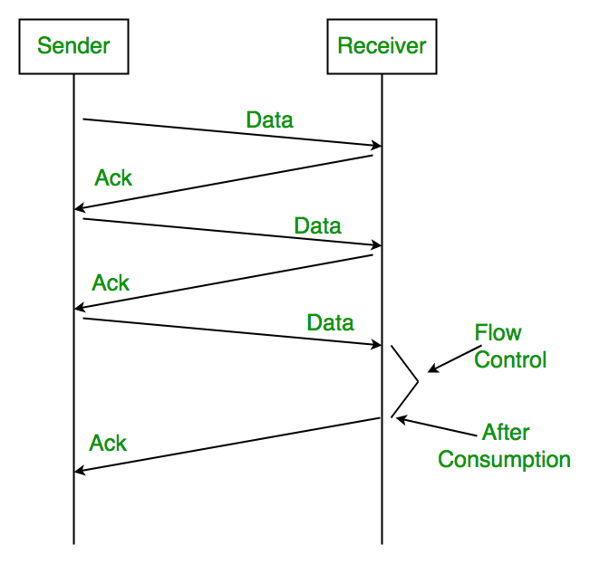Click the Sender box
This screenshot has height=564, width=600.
point(73,45)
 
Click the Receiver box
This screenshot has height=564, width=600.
point(382,45)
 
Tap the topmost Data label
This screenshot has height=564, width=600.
point(269,119)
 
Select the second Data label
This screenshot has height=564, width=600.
point(317,225)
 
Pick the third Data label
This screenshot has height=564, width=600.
point(330,322)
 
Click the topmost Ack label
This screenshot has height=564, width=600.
point(113,178)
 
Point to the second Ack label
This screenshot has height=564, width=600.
point(111,283)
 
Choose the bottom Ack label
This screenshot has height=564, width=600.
point(108,444)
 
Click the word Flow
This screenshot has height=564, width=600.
point(498,333)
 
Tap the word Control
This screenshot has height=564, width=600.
point(510,360)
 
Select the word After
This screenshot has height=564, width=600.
point(506,432)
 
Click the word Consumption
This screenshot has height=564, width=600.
point(504,459)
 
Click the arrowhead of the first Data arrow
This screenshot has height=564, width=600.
point(375,146)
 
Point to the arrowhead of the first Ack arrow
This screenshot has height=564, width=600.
point(80,209)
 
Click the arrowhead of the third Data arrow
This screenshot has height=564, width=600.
point(375,344)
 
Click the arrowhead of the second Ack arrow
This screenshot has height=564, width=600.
point(80,309)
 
